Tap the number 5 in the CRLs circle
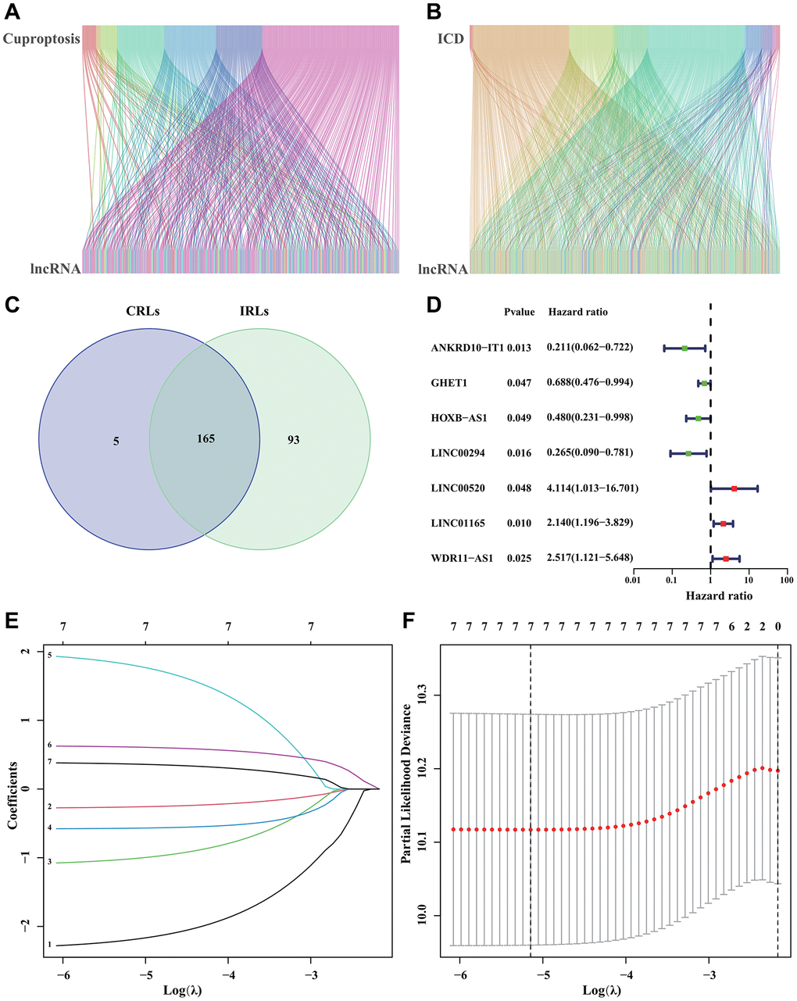click(x=115, y=441)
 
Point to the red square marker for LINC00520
click(x=734, y=488)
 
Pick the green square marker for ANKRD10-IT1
click(x=684, y=348)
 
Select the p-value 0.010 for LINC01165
click(x=518, y=523)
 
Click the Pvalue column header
click(x=520, y=312)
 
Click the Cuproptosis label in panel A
click(x=41, y=39)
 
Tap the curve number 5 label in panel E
click(x=48, y=656)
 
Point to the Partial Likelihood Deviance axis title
click(x=406, y=784)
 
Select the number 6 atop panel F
click(x=731, y=627)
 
